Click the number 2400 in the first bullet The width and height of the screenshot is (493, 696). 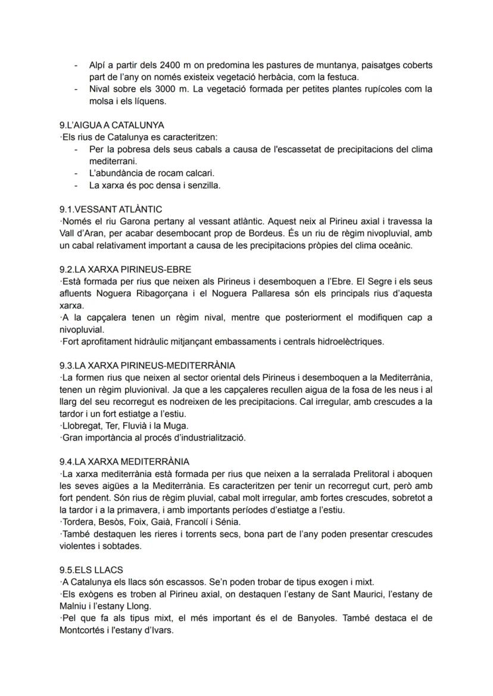pos(170,65)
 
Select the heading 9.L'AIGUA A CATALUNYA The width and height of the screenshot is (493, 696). pos(112,126)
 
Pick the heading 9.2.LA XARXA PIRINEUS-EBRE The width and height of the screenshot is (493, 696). pos(126,270)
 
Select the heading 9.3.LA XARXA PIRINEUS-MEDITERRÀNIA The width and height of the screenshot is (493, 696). pos(148,366)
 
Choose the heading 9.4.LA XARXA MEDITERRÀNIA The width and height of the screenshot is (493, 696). pos(125,461)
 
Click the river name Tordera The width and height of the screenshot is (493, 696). pos(78,522)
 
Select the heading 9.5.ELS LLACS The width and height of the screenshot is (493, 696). pos(91,570)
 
